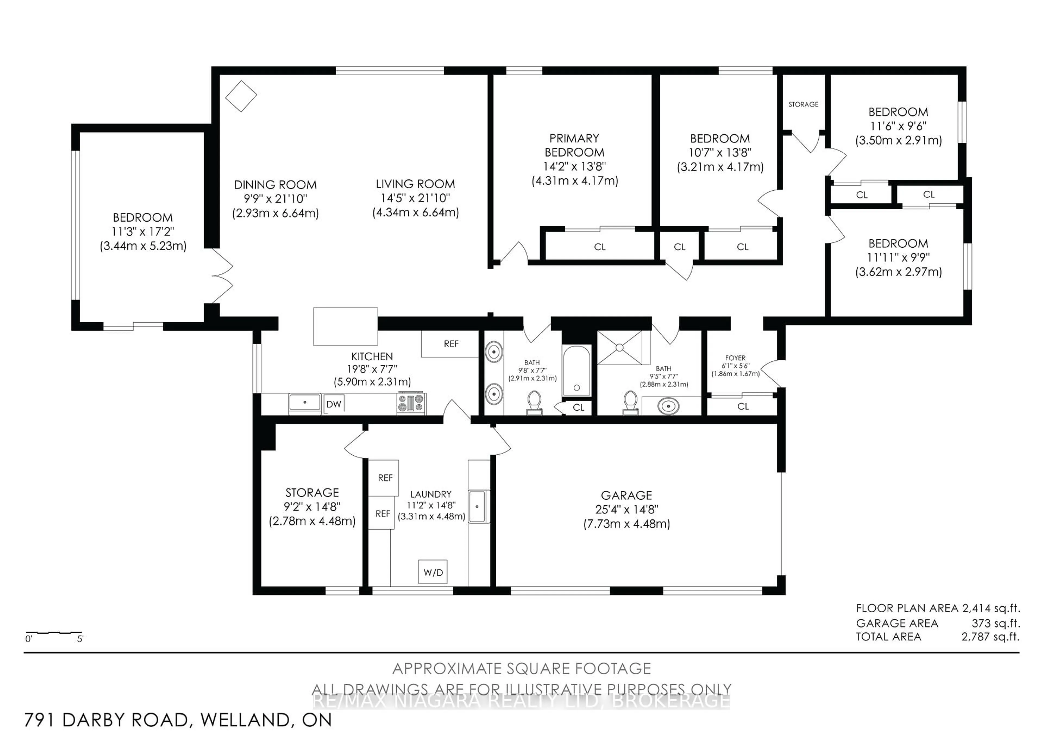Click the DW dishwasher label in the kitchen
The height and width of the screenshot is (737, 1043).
pos(334,404)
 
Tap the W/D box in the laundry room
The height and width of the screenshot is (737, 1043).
pos(433,572)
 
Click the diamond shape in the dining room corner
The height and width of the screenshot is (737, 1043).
pos(241,96)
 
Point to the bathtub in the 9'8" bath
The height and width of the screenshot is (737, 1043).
pos(576,371)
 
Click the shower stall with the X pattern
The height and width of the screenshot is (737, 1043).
pos(620,348)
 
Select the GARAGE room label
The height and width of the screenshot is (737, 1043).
pos(626,495)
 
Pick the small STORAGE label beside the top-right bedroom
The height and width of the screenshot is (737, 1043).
pos(803,105)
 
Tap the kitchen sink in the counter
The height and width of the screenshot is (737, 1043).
pos(304,403)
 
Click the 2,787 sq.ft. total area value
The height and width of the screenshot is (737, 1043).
pos(990,637)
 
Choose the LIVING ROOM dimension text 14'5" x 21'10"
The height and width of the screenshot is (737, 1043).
pos(415,198)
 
